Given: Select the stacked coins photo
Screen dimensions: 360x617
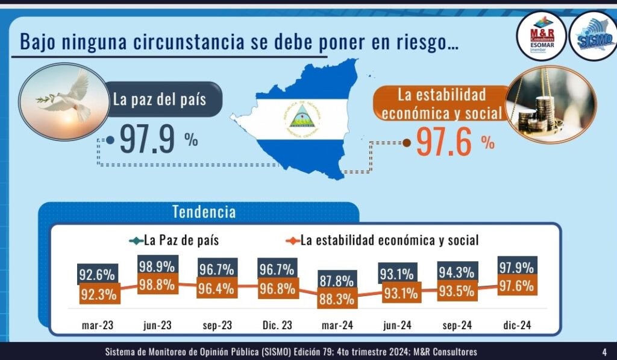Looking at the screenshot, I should pyautogui.click(x=551, y=103).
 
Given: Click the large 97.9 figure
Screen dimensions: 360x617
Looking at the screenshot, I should pyautogui.click(x=147, y=139).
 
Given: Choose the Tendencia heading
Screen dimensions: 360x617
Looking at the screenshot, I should pyautogui.click(x=204, y=212).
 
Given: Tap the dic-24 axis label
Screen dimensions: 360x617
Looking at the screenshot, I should pyautogui.click(x=517, y=326).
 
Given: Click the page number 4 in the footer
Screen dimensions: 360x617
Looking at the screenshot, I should pyautogui.click(x=604, y=352).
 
